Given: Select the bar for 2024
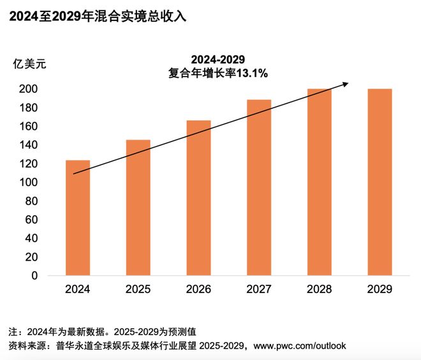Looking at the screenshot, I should coord(78,218).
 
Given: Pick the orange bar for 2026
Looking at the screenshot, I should coord(198,198).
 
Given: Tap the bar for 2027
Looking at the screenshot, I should coord(259,188).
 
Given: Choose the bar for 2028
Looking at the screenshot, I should coord(319,182).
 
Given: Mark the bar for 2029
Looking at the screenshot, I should coord(380,182).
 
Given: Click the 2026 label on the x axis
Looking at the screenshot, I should coord(198,289).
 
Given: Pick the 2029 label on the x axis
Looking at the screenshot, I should coord(380,289).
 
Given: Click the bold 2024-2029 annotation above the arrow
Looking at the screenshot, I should coord(218,61).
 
